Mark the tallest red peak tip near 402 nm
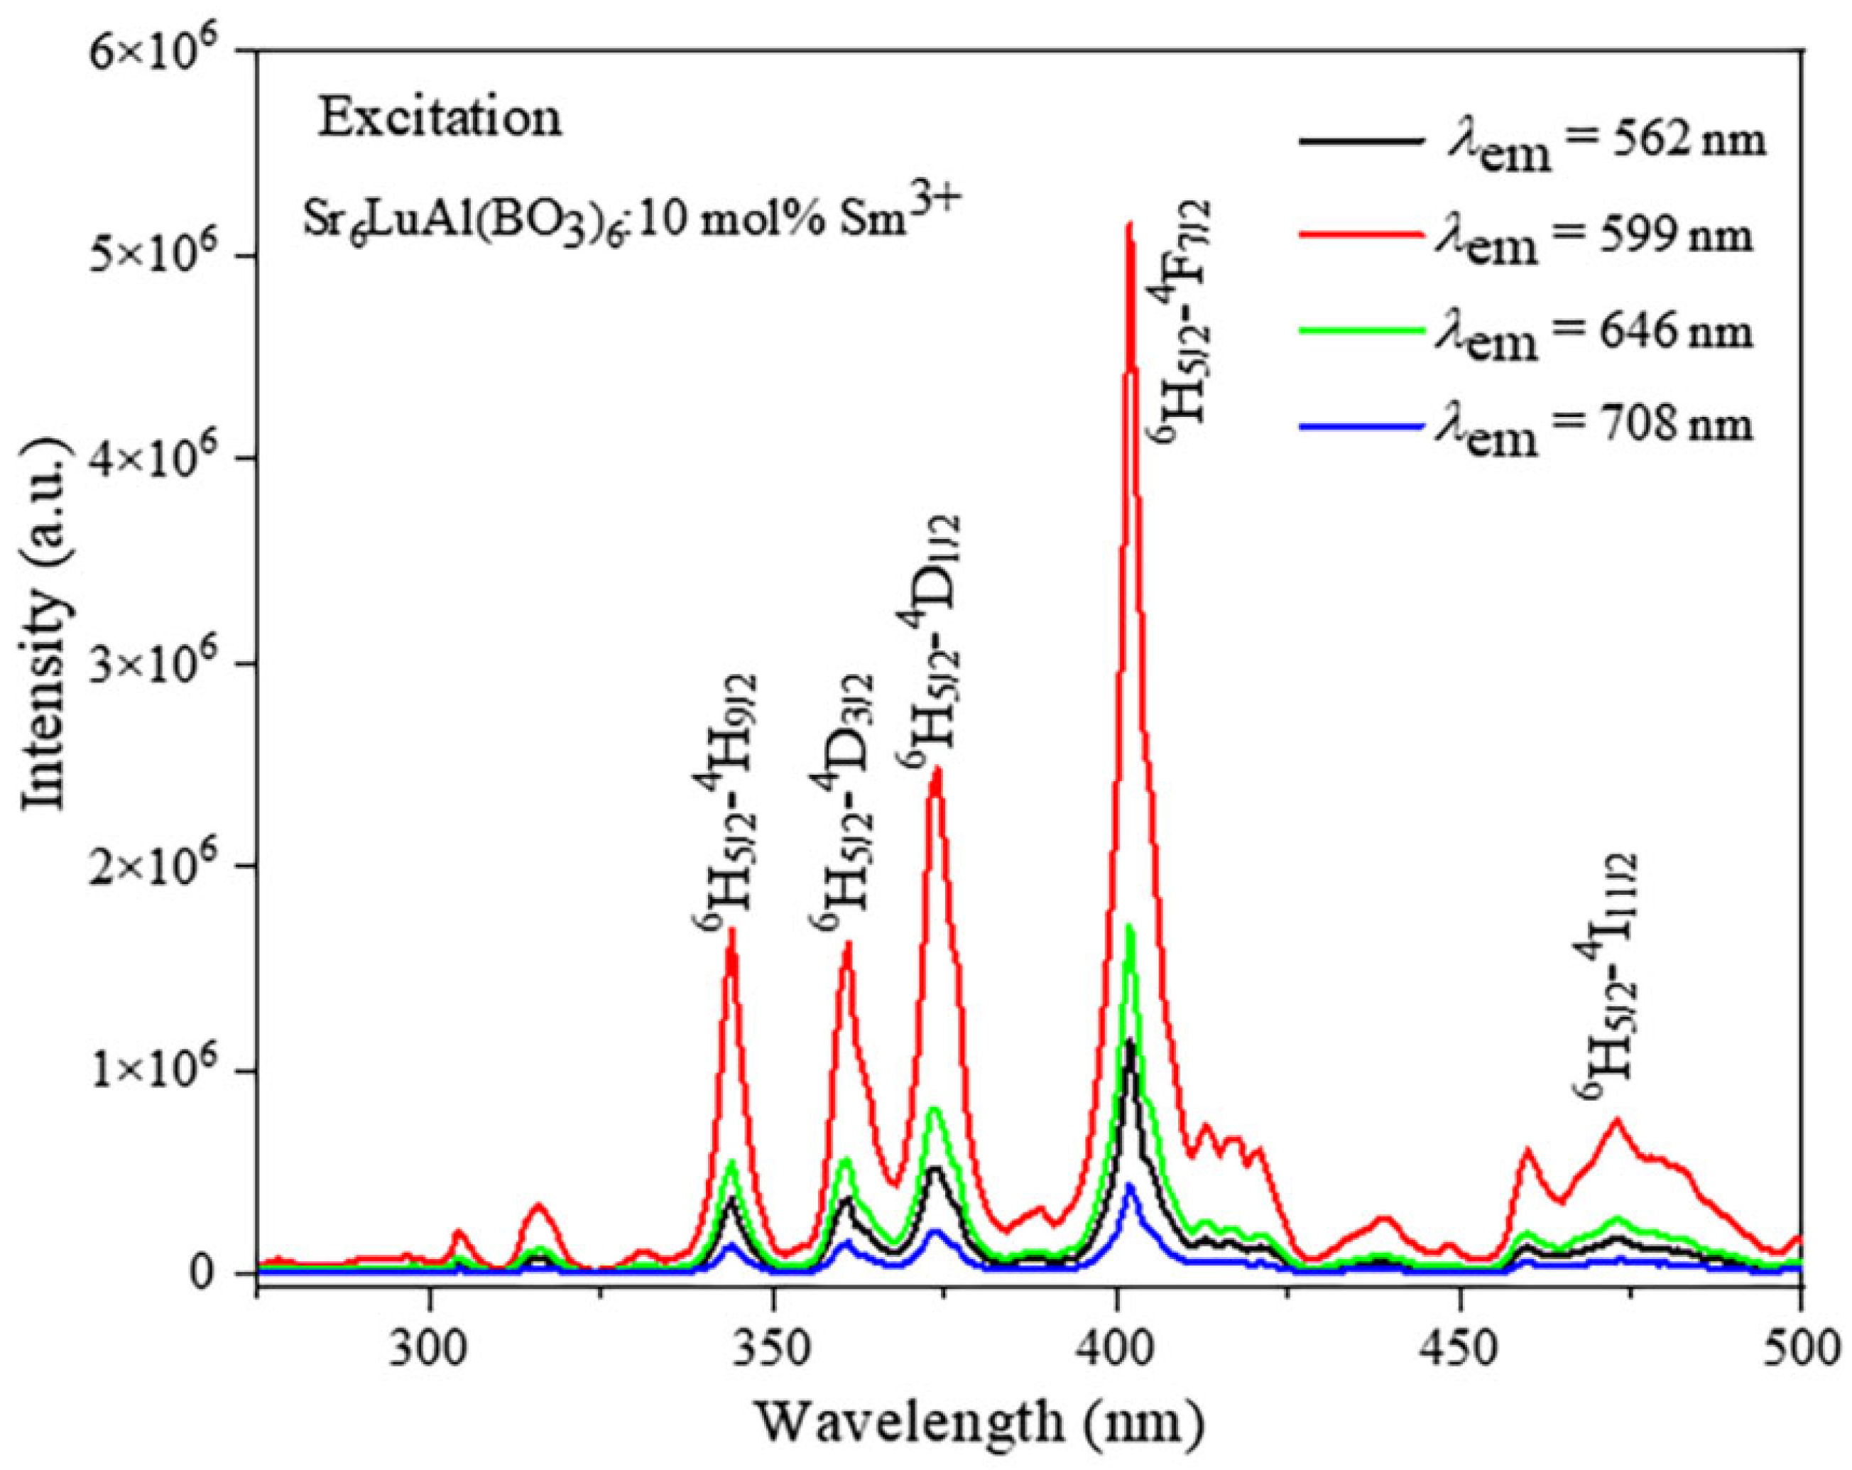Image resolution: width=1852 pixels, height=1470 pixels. tap(1131, 225)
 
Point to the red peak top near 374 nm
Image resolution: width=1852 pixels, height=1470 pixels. tap(937, 769)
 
